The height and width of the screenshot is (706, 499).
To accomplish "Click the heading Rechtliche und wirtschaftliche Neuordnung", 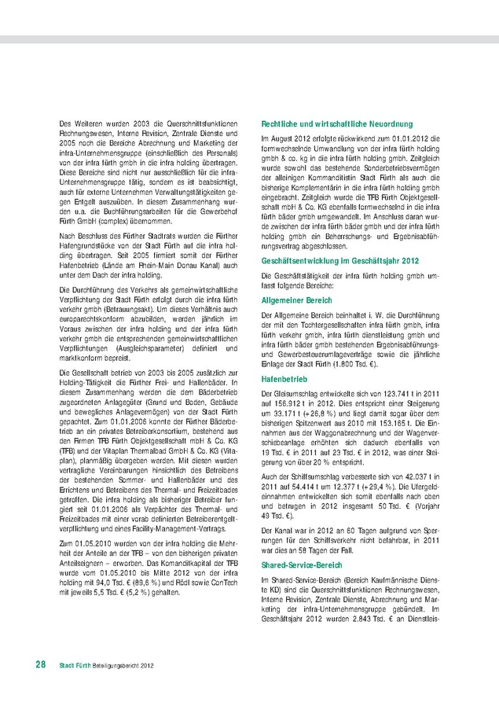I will coord(336,123).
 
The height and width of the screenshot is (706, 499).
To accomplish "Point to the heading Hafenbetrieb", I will coord(284,379).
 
